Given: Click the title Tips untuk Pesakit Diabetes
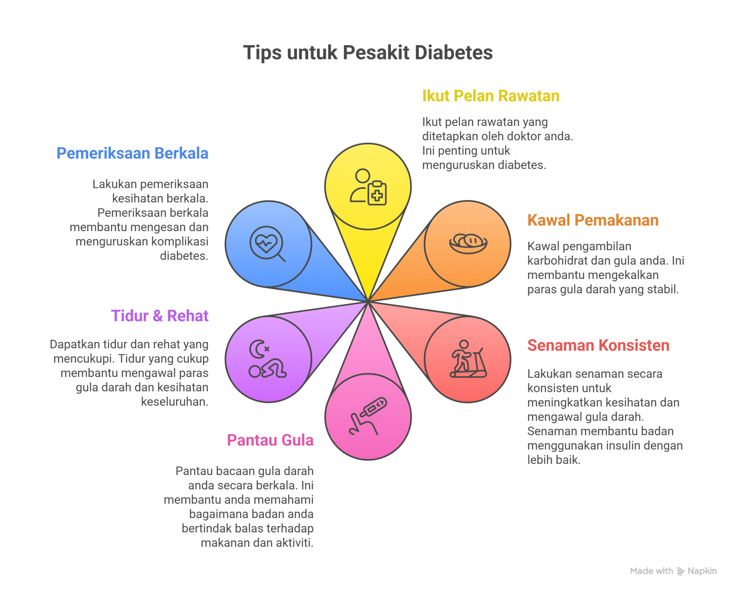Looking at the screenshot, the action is coord(368,53).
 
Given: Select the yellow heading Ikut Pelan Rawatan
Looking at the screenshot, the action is coord(491,96).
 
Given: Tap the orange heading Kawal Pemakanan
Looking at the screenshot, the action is coord(593,220).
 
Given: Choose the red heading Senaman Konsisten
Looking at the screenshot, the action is coord(598,345).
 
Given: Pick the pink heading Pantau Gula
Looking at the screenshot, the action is coord(270,440).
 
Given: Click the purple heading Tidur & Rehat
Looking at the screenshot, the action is coord(160,316).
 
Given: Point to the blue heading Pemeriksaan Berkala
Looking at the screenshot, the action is coord(132,153).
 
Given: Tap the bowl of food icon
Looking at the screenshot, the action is coord(468,243).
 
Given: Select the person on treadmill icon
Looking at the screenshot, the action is coord(468,359).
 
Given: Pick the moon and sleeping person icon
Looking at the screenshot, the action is coord(267,359).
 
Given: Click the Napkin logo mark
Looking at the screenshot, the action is coord(681,571).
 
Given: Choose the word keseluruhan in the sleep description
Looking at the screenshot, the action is coord(175,402).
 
